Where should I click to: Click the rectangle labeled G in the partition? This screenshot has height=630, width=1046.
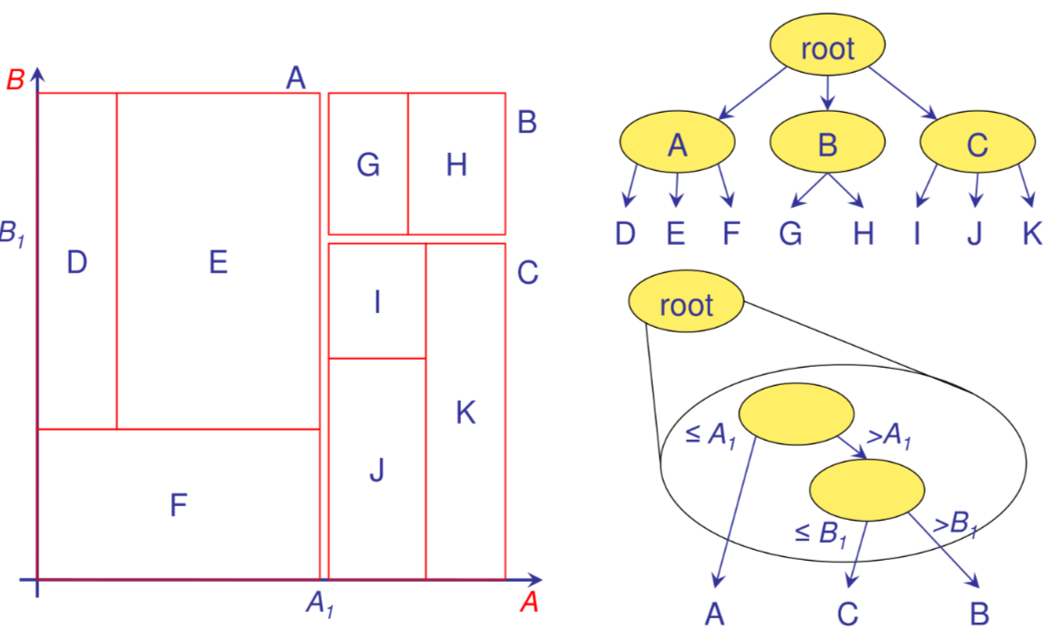[367, 164]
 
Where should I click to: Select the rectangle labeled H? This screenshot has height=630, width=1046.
[456, 164]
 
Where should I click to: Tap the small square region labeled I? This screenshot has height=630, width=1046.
[377, 301]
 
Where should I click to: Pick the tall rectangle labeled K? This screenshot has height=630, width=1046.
[465, 412]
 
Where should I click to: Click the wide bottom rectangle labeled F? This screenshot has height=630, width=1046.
[178, 503]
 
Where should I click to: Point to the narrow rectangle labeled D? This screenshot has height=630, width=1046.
[77, 262]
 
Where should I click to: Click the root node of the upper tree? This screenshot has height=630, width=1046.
[828, 48]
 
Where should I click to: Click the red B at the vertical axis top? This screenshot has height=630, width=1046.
[15, 79]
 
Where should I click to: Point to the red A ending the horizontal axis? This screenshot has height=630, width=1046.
[528, 601]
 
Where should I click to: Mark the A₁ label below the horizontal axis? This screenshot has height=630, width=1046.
[319, 603]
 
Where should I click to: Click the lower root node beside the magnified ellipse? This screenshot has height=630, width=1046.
[687, 304]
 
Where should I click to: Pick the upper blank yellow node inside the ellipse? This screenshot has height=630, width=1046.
[796, 415]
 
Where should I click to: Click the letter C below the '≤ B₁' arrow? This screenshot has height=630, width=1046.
[848, 613]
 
